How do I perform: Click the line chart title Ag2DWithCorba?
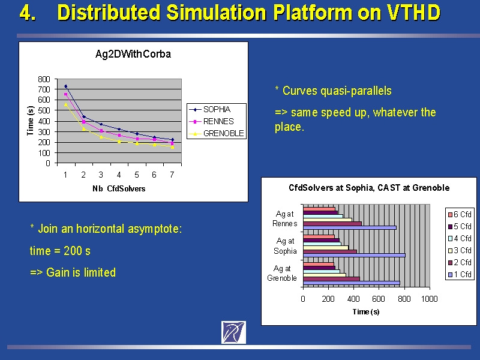(133, 54)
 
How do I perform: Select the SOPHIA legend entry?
(210, 109)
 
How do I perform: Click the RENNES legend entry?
(212, 121)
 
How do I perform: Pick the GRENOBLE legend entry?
(217, 133)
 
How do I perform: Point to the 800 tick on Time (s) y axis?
(44, 79)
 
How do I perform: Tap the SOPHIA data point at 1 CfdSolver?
(65, 86)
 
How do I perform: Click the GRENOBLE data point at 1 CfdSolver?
(65, 104)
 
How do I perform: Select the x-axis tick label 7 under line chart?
(172, 175)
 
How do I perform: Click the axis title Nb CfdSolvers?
(119, 188)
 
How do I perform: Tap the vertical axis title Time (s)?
(30, 121)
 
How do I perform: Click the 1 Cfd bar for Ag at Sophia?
(354, 256)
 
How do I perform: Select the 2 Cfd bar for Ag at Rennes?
(332, 223)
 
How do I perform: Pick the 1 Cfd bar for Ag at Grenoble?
(352, 283)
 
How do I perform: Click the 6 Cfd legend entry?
(460, 214)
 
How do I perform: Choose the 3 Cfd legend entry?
(460, 250)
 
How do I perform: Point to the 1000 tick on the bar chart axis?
(429, 299)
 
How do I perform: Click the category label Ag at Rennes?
(284, 218)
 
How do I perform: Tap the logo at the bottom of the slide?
(233, 332)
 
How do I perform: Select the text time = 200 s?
(60, 251)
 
